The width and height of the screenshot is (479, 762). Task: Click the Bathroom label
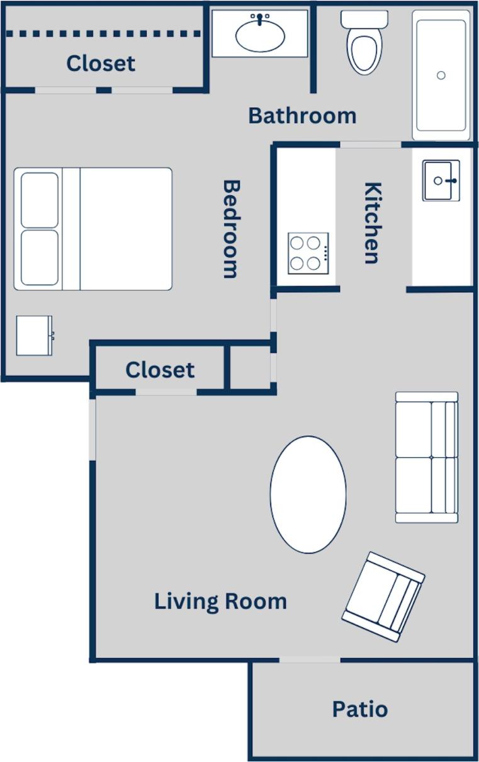point(302,116)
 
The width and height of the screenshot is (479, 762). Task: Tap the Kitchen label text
point(373,223)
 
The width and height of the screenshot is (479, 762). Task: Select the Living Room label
point(220,601)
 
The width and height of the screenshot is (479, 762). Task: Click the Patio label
point(360,709)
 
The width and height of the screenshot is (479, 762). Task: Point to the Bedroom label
point(231,229)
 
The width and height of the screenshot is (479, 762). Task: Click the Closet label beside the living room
point(160,370)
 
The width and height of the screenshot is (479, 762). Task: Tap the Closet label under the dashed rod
point(101,63)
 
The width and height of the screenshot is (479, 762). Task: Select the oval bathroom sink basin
point(260,35)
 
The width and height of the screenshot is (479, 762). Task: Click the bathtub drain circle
point(441,76)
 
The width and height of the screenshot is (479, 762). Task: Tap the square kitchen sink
point(441,181)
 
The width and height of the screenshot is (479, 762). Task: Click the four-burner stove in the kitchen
point(308,253)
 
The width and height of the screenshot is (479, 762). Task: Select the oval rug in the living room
point(308,494)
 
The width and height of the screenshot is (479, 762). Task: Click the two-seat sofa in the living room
point(426,457)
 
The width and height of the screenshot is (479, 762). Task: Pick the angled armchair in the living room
point(383,596)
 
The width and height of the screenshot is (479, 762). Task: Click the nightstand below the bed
point(35,336)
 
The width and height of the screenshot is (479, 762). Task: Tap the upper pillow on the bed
point(40,200)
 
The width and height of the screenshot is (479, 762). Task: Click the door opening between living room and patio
point(310,660)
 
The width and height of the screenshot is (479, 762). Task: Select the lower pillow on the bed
point(40,258)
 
